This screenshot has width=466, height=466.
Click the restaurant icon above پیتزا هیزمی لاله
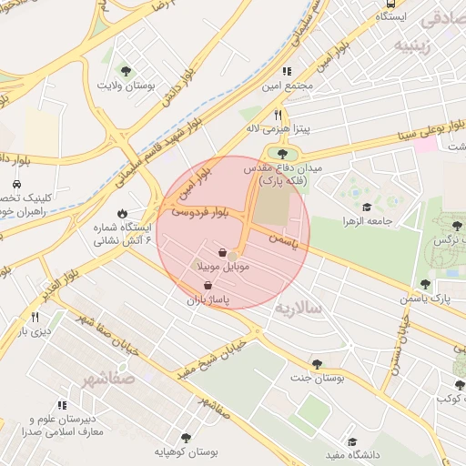coord(279,116)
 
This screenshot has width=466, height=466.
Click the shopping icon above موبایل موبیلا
coord(223,253)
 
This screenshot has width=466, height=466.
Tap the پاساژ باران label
coord(208,299)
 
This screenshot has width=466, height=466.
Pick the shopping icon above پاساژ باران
coord(208,285)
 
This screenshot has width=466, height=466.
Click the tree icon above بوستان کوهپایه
coord(187,437)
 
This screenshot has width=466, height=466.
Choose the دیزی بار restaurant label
coord(32,331)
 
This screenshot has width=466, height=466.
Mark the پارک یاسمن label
coord(424,299)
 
